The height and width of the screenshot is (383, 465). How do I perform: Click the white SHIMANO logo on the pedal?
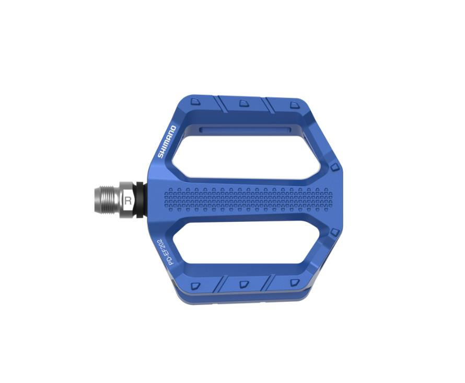click(x=168, y=141)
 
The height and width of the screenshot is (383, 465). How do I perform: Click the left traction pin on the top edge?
click(x=194, y=102)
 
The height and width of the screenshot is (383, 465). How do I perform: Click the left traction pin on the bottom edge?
click(x=195, y=286)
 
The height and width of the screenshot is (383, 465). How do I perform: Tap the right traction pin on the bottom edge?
click(x=292, y=283)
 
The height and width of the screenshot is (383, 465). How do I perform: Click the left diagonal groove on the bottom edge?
click(x=219, y=284)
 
